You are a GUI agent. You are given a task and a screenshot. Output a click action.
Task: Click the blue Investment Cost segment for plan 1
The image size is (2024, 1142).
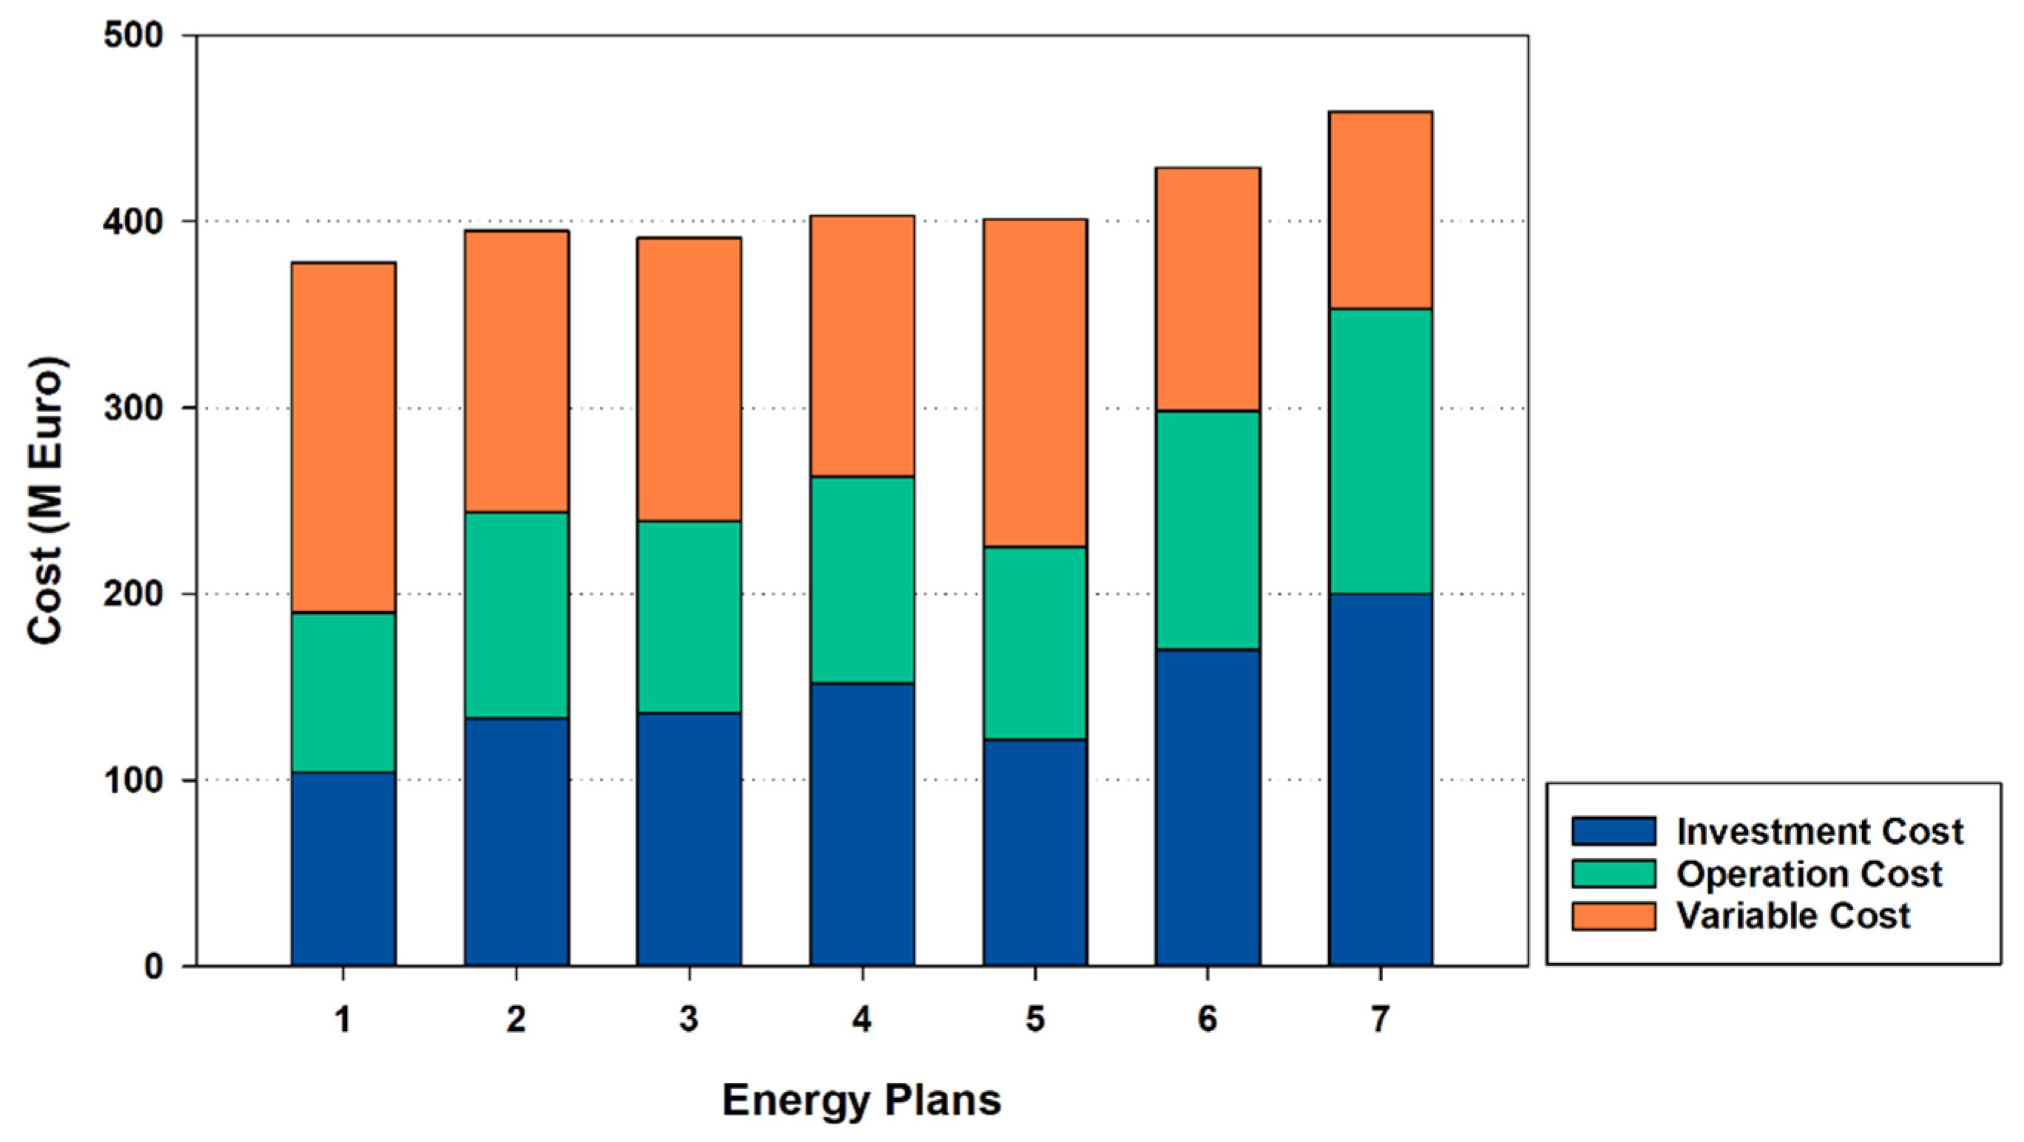coord(343,868)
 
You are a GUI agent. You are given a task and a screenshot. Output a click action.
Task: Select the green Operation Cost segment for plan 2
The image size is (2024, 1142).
coord(516,615)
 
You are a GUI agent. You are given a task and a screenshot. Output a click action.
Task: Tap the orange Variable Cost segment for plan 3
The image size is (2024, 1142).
coord(689,379)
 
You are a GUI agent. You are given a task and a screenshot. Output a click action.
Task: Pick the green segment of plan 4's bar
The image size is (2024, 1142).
coord(862,580)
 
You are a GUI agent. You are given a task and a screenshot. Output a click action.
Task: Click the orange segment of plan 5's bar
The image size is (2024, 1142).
coord(1035,384)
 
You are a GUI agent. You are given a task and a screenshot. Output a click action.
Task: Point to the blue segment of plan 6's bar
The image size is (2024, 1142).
coord(1208,806)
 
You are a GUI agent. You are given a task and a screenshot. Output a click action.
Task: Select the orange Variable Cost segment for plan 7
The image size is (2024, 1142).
coord(1381,211)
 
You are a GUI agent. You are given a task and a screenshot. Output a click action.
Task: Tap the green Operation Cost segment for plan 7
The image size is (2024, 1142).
coord(1381,451)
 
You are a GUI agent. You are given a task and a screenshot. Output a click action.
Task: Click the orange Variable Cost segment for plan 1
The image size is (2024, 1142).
coord(343,438)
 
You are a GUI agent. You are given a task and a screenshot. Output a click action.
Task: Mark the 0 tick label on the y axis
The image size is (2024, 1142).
coord(153,966)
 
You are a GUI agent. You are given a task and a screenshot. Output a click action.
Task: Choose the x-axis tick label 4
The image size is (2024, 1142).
coord(862,1019)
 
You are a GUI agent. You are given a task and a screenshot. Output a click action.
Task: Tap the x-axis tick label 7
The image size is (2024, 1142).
coord(1381,1019)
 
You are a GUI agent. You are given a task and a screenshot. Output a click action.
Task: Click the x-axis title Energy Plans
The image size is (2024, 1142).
coord(862,1101)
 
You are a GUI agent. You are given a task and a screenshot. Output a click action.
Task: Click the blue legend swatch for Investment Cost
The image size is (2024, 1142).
coord(1613,831)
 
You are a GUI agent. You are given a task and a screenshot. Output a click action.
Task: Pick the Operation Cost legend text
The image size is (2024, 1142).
coord(1809,874)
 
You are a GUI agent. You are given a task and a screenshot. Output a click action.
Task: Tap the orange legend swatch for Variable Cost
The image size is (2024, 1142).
coord(1613,916)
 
